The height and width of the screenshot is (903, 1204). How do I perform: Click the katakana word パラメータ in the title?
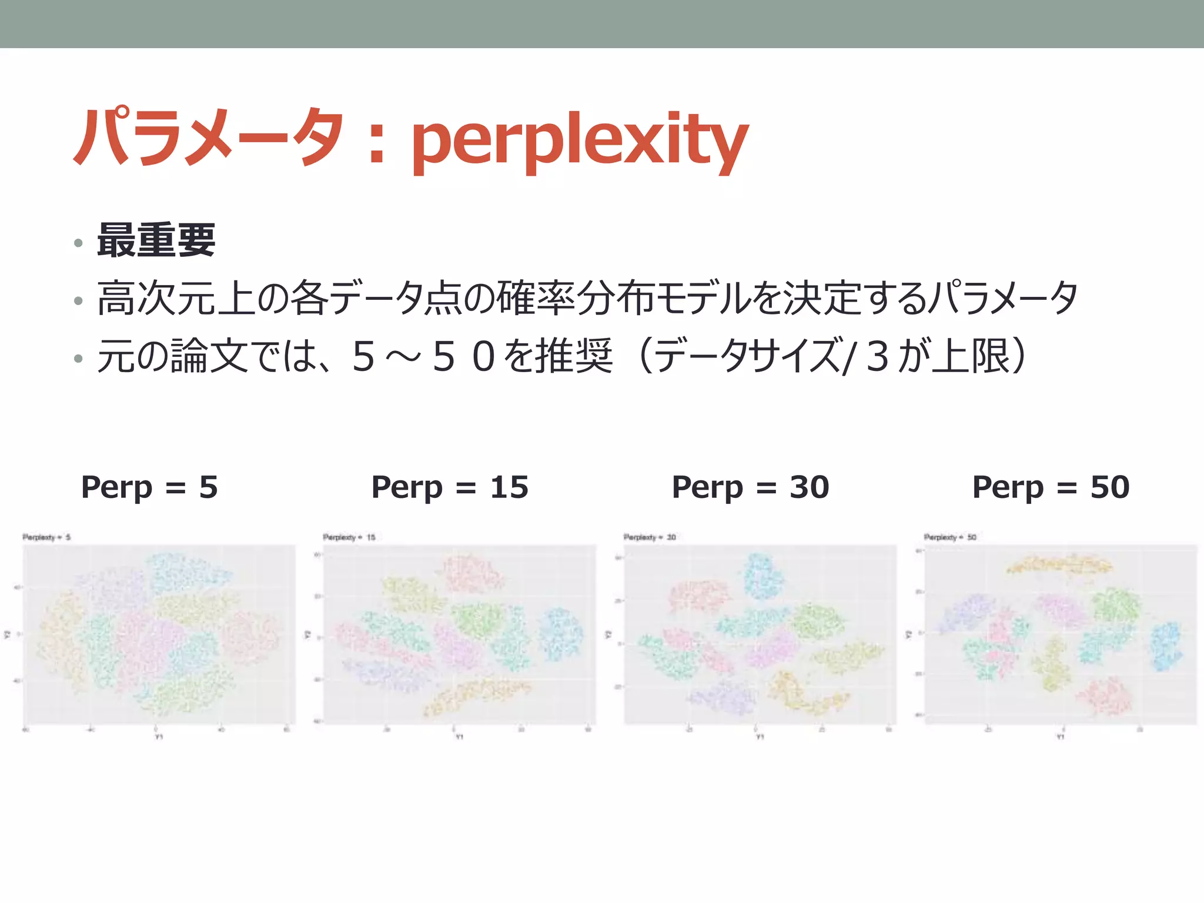coord(209,136)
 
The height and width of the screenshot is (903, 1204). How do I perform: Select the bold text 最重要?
coord(156,240)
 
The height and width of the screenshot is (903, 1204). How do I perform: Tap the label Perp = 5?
coord(149,487)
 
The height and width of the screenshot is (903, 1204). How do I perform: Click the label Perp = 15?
coord(450,487)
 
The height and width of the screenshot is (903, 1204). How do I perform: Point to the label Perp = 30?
coord(750,487)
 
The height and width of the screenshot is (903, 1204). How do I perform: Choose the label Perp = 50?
coord(1051,487)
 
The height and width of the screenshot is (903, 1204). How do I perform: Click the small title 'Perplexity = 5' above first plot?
coord(46,537)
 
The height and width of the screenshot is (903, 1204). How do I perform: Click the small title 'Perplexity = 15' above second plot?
coord(349,537)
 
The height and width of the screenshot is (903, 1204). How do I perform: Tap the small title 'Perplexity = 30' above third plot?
coord(650,537)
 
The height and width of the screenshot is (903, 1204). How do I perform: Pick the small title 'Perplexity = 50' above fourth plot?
coord(950,537)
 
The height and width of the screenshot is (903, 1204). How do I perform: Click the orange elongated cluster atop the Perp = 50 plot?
coord(1058,565)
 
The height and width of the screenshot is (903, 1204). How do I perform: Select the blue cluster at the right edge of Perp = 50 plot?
coord(1165,647)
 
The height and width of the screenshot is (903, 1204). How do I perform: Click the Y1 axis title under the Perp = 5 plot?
coord(159,737)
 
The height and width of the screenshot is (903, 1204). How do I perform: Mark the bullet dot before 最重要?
coord(78,243)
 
